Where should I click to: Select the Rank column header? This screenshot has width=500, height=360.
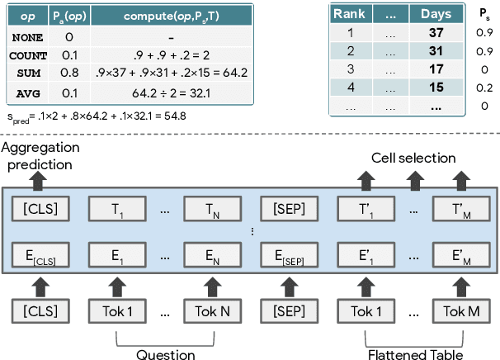click(348, 15)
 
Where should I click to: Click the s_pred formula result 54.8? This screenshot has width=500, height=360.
click(171, 116)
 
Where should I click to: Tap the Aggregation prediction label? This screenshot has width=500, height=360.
click(42, 154)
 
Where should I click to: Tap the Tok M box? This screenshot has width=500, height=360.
click(456, 313)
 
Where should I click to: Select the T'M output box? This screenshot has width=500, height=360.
click(456, 209)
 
